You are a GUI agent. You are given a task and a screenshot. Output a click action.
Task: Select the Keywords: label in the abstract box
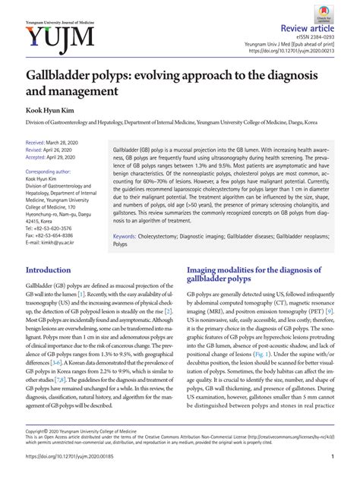[x=125, y=236]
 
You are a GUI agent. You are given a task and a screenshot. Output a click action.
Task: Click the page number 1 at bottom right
[x=334, y=456]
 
